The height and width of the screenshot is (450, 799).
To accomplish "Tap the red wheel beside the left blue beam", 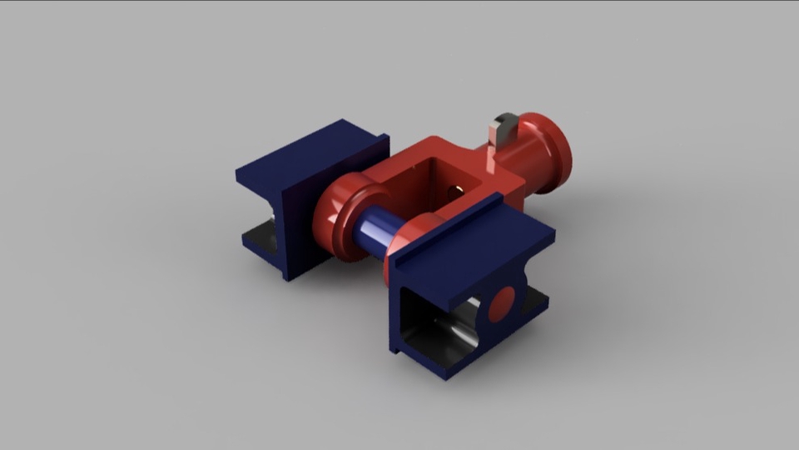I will (x=341, y=218).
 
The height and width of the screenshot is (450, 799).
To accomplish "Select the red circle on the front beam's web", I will (x=503, y=305).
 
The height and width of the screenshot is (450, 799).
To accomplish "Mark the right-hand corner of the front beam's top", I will (x=553, y=237).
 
